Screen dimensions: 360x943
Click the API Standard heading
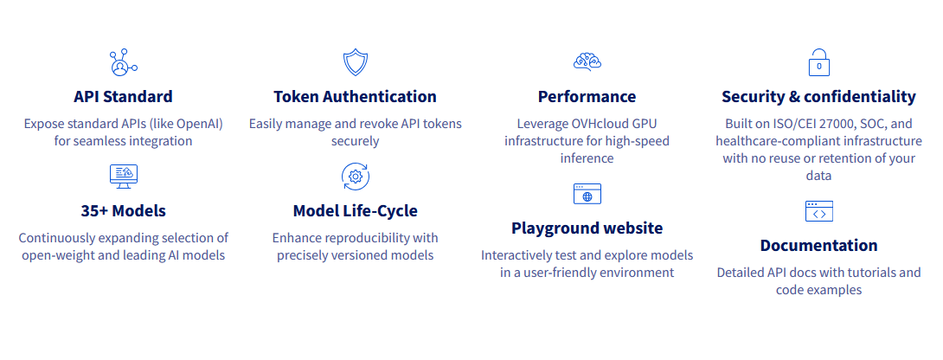coord(123,96)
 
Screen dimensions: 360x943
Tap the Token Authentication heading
coord(355,96)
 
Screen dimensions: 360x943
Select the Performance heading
coord(587,96)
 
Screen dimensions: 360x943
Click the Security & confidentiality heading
coord(818,96)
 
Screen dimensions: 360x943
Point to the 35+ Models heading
coord(123,210)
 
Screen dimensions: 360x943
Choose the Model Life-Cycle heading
coord(355,210)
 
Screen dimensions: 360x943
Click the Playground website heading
coord(587,228)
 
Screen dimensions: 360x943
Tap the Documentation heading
coord(818,245)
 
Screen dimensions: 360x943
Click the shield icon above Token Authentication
coord(355,62)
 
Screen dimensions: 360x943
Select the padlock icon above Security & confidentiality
coord(818,62)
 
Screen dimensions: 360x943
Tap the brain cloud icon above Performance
coord(587,62)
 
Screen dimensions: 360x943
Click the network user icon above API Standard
coord(123,62)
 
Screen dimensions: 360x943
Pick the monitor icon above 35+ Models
coord(123,176)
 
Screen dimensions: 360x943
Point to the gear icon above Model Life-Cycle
coord(355,176)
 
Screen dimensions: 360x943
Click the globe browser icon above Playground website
coord(587,193)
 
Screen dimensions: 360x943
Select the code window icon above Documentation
coord(818,210)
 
